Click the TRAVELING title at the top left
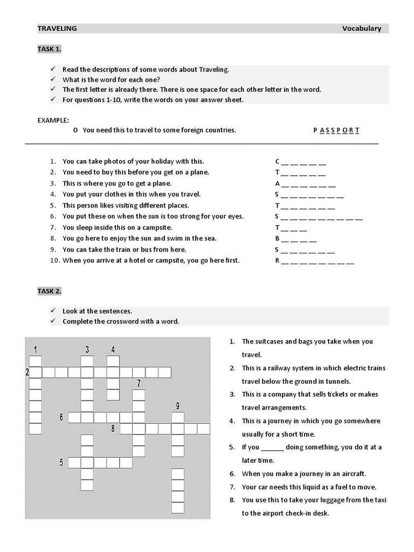pyautogui.click(x=57, y=29)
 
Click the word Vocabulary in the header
pyautogui.click(x=361, y=29)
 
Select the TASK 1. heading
pyautogui.click(x=49, y=49)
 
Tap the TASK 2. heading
pyautogui.click(x=49, y=291)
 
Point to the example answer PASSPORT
pyautogui.click(x=336, y=130)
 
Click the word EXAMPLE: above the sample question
pyautogui.click(x=53, y=120)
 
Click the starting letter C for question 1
pyautogui.click(x=277, y=161)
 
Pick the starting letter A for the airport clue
pyautogui.click(x=277, y=183)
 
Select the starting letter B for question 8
pyautogui.click(x=277, y=238)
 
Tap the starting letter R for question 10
pyautogui.click(x=277, y=260)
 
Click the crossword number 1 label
pyautogui.click(x=35, y=349)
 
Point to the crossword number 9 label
pyautogui.click(x=177, y=405)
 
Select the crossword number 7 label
pyautogui.click(x=139, y=383)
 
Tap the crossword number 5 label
pyautogui.click(x=61, y=462)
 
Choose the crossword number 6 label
pyautogui.click(x=61, y=417)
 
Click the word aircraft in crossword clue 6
pyautogui.click(x=353, y=473)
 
